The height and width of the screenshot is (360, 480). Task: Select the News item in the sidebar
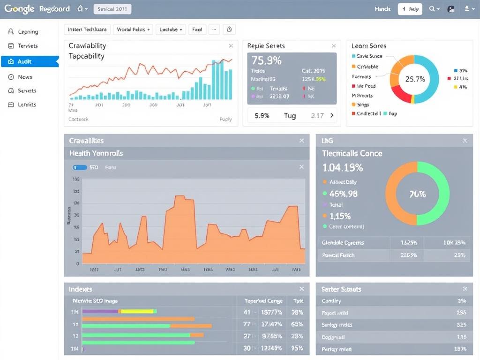pos(25,77)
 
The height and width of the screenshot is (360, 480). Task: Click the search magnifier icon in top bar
pos(432,9)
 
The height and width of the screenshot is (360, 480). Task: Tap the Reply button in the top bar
pos(410,9)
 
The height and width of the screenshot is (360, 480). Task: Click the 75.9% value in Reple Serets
pos(266,60)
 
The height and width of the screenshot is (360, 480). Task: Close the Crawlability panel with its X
pos(231,46)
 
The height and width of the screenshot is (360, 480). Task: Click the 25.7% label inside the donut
pos(414,79)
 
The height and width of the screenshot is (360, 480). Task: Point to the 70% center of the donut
pos(417,194)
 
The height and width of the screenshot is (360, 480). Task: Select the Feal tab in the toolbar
pos(197,29)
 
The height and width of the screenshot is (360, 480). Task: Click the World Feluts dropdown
pos(134,29)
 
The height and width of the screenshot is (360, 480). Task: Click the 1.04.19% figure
pos(343,167)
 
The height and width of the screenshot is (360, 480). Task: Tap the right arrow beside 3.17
pos(332,115)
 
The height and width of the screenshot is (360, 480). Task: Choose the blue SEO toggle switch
pos(80,167)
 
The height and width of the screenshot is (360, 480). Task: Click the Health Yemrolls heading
pos(96,153)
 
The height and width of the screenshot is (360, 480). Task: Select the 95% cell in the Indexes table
pos(297,348)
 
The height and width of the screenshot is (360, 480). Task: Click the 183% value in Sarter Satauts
pos(460,349)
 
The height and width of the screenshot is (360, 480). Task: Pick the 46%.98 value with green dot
pos(343,193)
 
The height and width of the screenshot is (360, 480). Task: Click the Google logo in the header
pos(20,9)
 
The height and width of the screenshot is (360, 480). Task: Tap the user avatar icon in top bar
pos(451,9)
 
